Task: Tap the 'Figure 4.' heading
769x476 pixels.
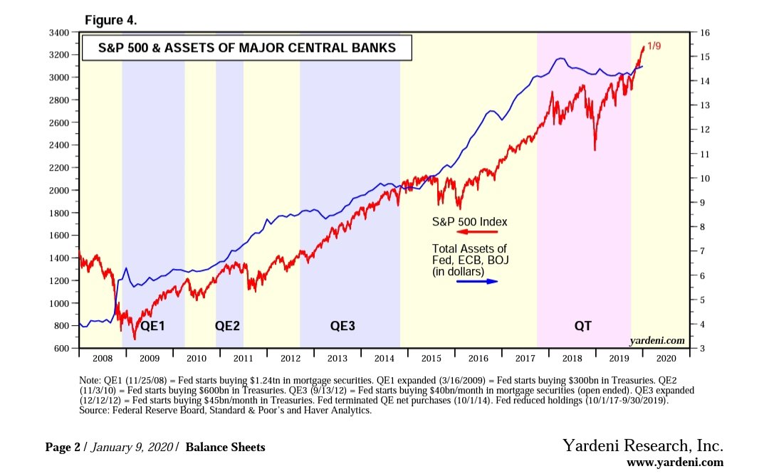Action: point(110,20)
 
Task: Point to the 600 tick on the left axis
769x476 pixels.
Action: point(61,349)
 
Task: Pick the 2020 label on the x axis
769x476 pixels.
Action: point(668,360)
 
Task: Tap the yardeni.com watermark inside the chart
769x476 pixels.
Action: point(659,341)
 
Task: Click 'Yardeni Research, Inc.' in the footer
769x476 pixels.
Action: point(643,446)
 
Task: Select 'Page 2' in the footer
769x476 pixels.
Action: point(63,448)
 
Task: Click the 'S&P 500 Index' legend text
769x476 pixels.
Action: point(470,221)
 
